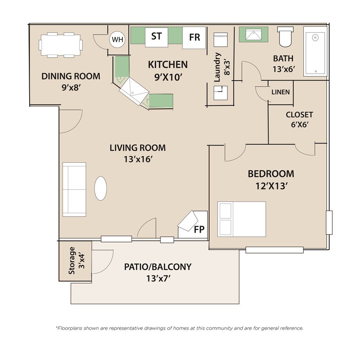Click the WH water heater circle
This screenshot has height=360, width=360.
pos(117,39)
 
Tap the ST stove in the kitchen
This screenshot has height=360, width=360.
pos(156,37)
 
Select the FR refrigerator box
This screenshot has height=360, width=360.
pos(194,38)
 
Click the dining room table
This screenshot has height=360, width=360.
pos(60,45)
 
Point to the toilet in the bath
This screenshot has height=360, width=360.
pos(285,37)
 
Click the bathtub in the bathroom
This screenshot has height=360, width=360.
pos(315,51)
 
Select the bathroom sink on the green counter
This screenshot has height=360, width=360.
pos(253,34)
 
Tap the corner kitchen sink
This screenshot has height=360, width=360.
pos(134,91)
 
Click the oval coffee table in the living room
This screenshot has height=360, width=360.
pos(101,188)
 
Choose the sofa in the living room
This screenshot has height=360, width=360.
pos(75,189)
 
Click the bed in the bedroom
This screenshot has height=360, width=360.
pos(242,219)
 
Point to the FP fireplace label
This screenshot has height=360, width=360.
pos(199,229)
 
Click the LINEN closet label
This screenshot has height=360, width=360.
pos(281,92)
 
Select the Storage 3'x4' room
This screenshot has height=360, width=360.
pos(75,261)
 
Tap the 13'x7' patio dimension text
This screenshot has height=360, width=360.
pos(158,278)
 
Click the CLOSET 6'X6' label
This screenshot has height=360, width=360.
pos(300,120)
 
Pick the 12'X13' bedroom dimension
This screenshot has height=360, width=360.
pos(272,186)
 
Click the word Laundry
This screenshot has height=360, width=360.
pos(217,67)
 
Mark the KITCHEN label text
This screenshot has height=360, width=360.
pos(168,65)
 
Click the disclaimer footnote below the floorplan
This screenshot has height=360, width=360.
pos(180,328)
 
